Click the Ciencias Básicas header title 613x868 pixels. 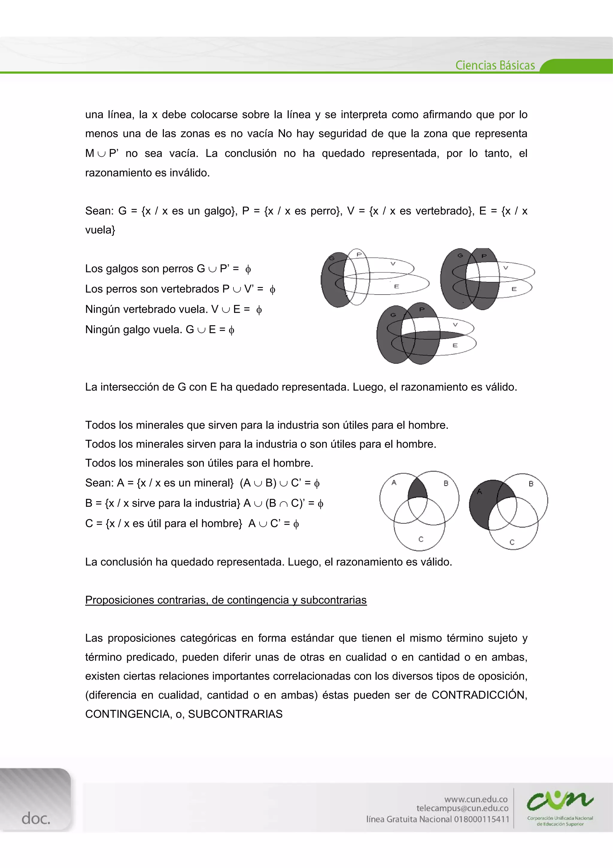click(x=495, y=65)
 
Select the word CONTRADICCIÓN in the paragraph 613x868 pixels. click(x=479, y=695)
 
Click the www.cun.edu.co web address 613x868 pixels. click(x=476, y=799)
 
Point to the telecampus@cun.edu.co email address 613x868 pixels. click(x=462, y=808)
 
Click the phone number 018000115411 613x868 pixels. click(x=482, y=819)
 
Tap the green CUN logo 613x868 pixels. click(x=560, y=800)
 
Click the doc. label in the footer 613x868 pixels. click(x=36, y=819)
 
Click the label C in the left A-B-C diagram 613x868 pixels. click(x=421, y=539)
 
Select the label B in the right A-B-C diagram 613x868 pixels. click(x=531, y=484)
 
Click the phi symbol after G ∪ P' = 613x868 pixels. click(x=248, y=269)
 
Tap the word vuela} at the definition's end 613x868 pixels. click(x=100, y=230)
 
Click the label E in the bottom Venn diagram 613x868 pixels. click(x=455, y=345)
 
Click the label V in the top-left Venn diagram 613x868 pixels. click(x=393, y=263)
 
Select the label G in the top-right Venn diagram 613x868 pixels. click(x=460, y=256)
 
